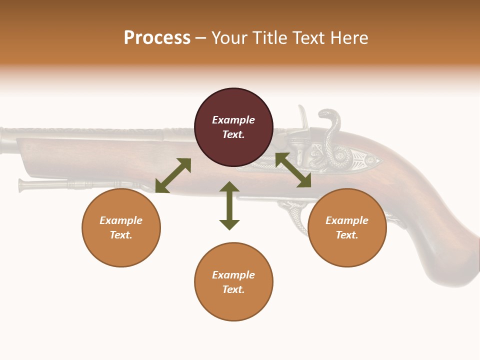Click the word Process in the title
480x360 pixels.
(x=157, y=38)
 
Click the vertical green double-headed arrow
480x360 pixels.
(x=229, y=205)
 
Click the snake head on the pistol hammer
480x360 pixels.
(x=327, y=116)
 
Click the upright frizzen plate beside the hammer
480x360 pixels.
(x=302, y=117)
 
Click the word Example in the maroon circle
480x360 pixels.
(x=233, y=120)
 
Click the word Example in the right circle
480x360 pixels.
(x=347, y=220)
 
